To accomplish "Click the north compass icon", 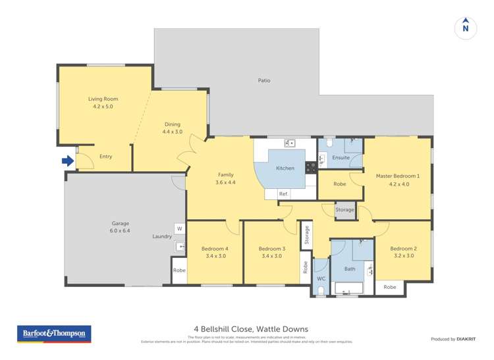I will tap(465, 27).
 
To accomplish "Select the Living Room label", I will tap(103, 99).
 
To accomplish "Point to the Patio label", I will tap(264, 80).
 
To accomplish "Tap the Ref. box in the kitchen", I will tap(283, 193).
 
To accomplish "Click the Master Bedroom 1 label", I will tap(398, 176).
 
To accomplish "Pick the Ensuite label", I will tap(341, 158).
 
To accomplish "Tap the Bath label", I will tap(350, 269).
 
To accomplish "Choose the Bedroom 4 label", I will tap(215, 248).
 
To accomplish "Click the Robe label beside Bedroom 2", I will tap(390, 287).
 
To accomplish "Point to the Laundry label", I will tap(161, 236).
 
